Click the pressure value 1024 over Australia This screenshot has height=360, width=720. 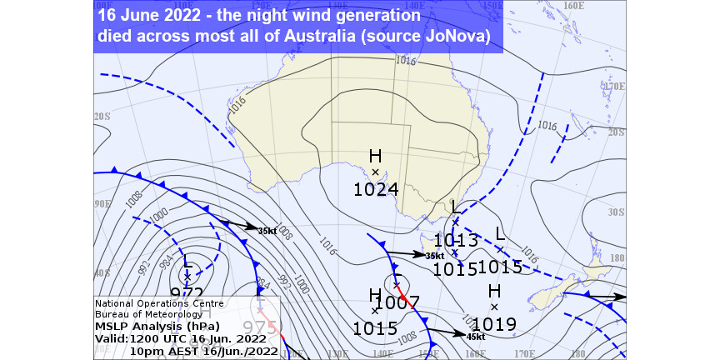pos(376,189)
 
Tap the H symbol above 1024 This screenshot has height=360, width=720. pos(375,157)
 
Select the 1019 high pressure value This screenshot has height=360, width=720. pos(494,324)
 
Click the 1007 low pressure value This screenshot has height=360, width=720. pos(397,302)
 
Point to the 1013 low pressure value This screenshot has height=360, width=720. pos(456,241)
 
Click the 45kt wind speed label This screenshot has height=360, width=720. pos(477,337)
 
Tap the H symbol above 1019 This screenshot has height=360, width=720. pos(494,291)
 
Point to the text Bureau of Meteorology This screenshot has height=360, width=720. pos(148,314)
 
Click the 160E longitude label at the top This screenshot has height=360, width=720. pos(572,6)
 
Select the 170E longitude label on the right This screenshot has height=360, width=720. pos(614,86)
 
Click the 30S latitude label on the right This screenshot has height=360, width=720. pos(617,212)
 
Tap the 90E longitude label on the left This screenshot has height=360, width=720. pos(102,203)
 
